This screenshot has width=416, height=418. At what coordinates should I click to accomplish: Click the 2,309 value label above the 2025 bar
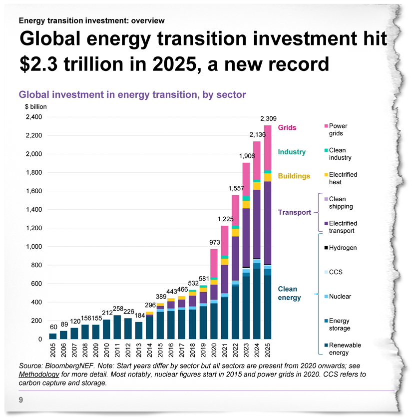(268, 119)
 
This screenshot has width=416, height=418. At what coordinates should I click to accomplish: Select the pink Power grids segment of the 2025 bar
(268, 147)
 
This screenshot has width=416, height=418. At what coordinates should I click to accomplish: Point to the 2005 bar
(53, 336)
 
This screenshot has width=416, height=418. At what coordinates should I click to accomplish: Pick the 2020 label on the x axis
(214, 352)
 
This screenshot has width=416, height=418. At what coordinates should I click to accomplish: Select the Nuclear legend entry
(340, 297)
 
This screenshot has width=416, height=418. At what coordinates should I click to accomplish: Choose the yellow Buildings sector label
(294, 176)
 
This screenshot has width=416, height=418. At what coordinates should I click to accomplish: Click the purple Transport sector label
(294, 212)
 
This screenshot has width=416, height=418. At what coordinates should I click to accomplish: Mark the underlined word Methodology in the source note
(36, 374)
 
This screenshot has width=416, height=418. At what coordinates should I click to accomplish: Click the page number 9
(21, 400)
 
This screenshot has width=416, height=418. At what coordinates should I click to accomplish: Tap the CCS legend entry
(336, 272)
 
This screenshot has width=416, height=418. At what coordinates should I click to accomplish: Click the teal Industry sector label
(292, 151)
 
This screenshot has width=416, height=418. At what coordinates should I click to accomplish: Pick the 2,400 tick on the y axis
(33, 117)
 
